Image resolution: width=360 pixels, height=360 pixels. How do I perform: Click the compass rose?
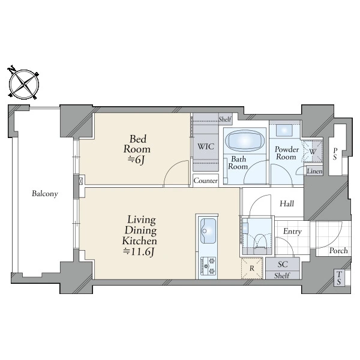[24, 84]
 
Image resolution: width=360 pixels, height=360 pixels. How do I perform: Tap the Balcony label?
[45, 194]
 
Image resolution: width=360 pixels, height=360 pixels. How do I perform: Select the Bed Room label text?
[137, 144]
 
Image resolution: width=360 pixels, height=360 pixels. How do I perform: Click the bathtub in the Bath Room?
[245, 140]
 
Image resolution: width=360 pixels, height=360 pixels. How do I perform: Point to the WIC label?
[206, 146]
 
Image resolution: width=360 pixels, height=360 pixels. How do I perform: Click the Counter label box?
[205, 181]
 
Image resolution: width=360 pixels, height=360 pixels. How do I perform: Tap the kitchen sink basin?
[208, 231]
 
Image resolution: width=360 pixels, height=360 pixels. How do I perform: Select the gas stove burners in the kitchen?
[208, 266]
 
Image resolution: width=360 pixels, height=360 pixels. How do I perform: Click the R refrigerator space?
[252, 268]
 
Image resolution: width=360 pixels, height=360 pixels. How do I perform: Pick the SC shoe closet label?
[283, 264]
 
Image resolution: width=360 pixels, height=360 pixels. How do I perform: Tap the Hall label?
[287, 203]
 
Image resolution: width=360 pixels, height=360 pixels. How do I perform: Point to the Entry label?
[292, 232]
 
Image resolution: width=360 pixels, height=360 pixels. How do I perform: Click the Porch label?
[338, 250]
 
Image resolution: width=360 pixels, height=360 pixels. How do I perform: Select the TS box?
[339, 278]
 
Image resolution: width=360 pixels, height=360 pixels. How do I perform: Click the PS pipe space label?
[335, 154]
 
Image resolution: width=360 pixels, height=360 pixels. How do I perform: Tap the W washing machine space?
[313, 151]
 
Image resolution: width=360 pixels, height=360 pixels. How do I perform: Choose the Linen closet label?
[314, 171]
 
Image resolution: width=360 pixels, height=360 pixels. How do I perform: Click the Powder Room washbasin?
[284, 130]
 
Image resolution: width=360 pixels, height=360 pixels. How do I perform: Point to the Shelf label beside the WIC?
[225, 119]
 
